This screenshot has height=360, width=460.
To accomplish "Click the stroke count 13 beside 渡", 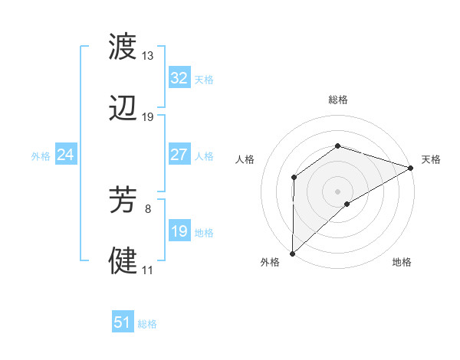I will coord(148,57).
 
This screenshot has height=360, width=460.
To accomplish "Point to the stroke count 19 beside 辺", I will coord(148,116).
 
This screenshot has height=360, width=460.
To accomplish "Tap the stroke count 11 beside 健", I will coord(147,270).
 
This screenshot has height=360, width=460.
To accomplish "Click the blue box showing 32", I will coord(179,78).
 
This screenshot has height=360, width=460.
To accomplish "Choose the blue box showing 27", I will coord(179,155).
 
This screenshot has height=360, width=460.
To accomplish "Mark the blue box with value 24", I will coord(65,155).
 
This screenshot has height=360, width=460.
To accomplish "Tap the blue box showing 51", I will coord(122,322).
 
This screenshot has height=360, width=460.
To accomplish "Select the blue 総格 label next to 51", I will coord(147,324).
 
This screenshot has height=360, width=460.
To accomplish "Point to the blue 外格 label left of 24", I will coord(41,156).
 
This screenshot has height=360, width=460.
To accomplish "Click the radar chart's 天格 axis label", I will coord(431,159).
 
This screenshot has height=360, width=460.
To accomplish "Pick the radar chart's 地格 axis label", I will coord(402,263).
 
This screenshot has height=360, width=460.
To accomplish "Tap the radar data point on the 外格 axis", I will coord(292,253).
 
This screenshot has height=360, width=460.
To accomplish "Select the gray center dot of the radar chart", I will coord(337,191).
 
